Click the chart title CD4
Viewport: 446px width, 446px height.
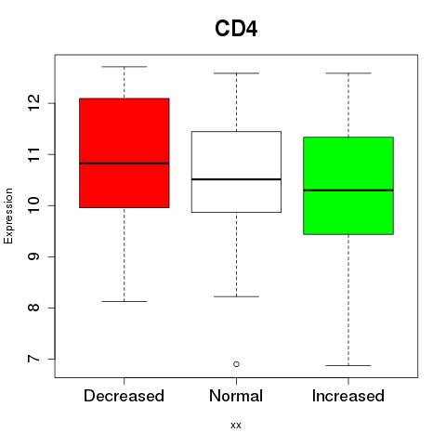coord(236,29)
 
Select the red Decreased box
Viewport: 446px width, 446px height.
coord(125,153)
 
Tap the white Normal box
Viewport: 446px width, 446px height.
coord(236,172)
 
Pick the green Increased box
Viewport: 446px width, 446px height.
coord(348,186)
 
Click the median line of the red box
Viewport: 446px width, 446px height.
coord(125,163)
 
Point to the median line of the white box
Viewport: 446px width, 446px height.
coord(236,179)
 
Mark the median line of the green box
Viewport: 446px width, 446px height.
coord(348,190)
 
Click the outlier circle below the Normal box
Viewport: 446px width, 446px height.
coord(236,364)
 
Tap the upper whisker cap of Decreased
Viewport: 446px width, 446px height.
coord(125,67)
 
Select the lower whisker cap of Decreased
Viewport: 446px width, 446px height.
coord(125,301)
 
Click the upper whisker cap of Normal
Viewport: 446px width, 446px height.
coord(236,73)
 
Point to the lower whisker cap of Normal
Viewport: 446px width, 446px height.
coord(236,296)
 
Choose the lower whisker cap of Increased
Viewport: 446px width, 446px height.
coord(348,365)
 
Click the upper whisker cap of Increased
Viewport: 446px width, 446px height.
coord(348,73)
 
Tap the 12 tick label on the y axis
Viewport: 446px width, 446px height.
coord(33,103)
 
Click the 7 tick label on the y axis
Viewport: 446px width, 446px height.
coord(33,359)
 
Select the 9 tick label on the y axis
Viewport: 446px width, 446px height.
coord(33,256)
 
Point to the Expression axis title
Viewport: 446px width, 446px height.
coord(8,216)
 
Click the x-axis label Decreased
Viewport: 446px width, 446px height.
coord(124,396)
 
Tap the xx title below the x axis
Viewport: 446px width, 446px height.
coord(236,426)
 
